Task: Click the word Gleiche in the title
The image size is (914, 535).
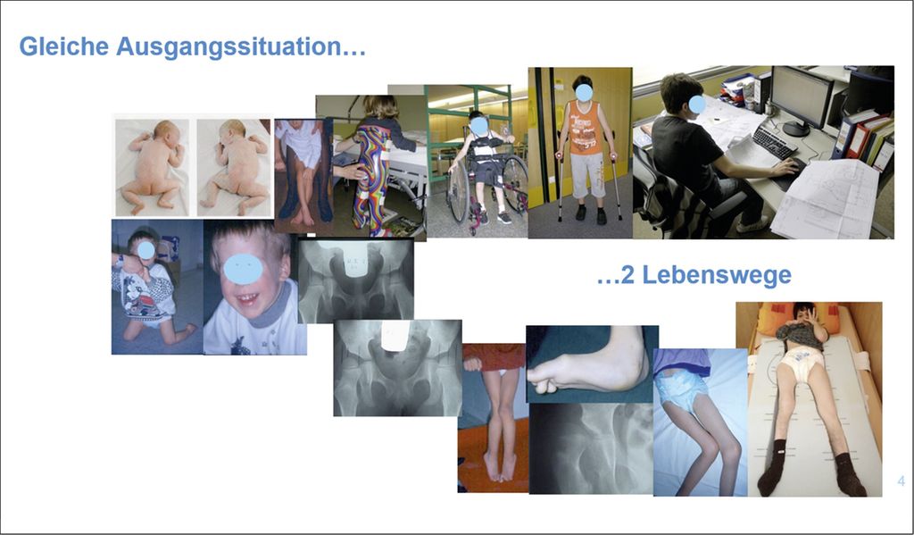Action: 64,46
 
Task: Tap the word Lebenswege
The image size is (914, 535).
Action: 717,275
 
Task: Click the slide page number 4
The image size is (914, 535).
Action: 902,481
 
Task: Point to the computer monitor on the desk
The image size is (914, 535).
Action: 801,99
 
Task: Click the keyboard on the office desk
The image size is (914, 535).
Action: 774,142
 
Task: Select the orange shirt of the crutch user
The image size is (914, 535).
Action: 585,128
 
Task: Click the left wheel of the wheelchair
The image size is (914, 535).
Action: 458,188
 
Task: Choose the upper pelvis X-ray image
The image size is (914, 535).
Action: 355,280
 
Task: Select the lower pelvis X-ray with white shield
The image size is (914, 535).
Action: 397,368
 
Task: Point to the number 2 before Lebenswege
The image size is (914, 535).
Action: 627,275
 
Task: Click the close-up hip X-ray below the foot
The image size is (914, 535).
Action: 591,448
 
